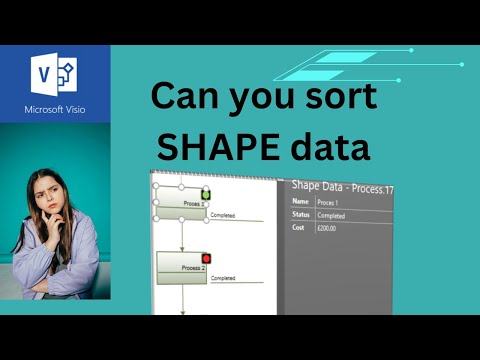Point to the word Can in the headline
click(x=186, y=98)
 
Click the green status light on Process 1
click(x=206, y=193)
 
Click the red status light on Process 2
click(x=206, y=259)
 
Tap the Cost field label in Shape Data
click(x=298, y=229)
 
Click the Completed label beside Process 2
click(x=224, y=278)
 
